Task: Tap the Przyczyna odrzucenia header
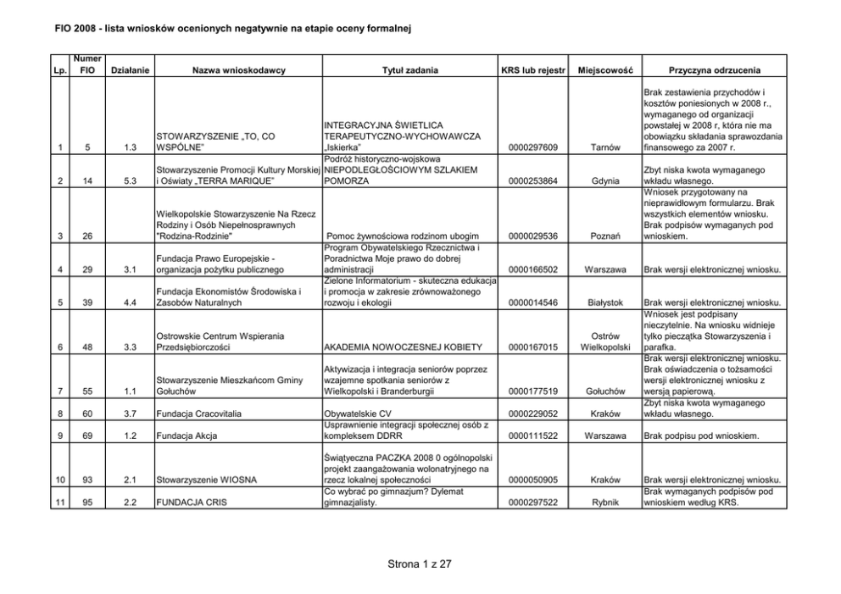click(714, 69)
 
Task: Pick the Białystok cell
click(606, 302)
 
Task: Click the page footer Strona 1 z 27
click(420, 563)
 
